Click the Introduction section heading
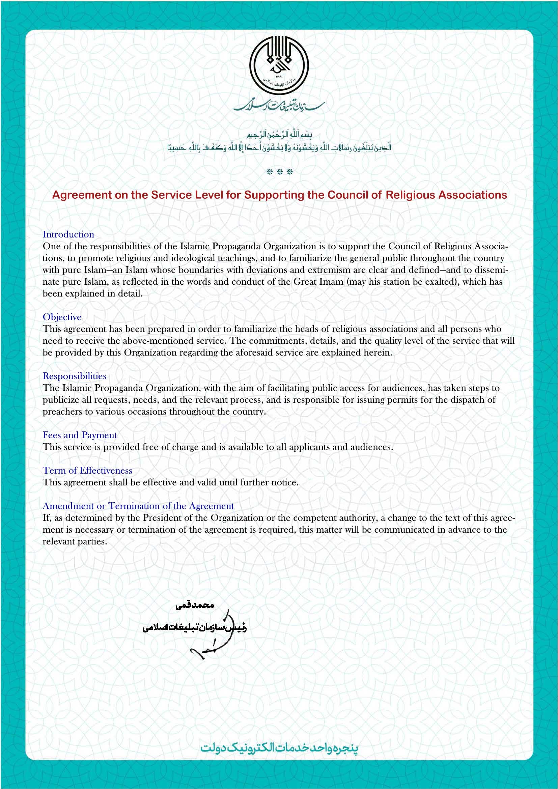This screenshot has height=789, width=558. pyautogui.click(x=68, y=234)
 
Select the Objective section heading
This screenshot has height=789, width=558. pyautogui.click(x=62, y=317)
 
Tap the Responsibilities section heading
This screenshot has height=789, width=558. pyautogui.click(x=74, y=376)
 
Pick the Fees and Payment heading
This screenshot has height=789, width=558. pyautogui.click(x=80, y=435)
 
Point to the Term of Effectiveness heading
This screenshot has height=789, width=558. pyautogui.click(x=87, y=471)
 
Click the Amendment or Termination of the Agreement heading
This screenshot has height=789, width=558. pyautogui.click(x=138, y=506)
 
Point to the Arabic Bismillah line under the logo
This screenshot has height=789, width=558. pyautogui.click(x=279, y=134)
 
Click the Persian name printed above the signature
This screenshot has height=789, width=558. pyautogui.click(x=195, y=605)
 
